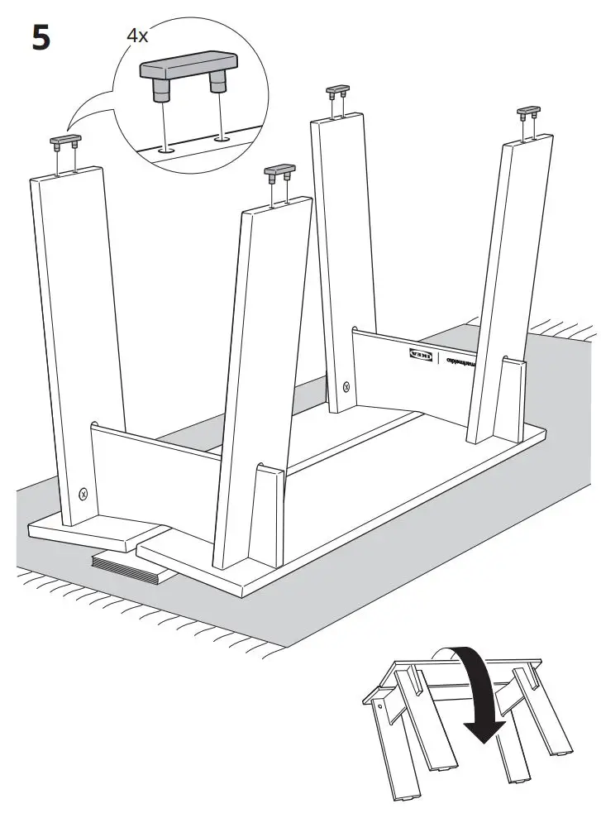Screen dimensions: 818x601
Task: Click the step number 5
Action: tap(41, 39)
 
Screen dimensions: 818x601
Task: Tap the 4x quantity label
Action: tap(137, 36)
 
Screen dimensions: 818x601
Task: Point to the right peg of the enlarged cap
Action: tap(219, 83)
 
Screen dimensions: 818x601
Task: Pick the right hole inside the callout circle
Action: tap(221, 139)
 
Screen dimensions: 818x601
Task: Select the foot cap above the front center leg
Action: tap(279, 173)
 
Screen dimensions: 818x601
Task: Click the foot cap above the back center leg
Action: tap(337, 89)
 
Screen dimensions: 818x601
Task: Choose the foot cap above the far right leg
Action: tap(528, 111)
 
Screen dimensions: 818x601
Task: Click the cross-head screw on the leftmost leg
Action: tap(83, 494)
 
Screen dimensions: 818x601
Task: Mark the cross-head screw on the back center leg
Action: tap(346, 387)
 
